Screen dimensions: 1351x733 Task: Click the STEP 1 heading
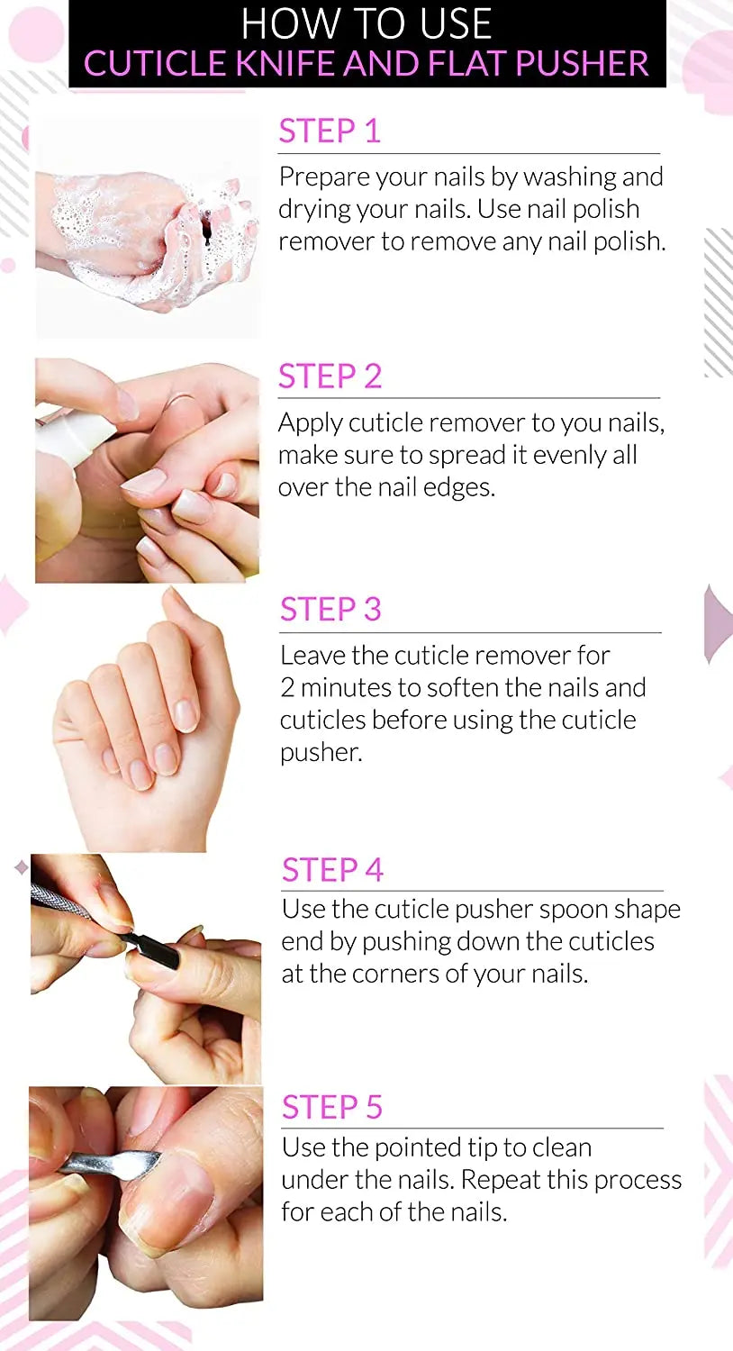click(x=330, y=131)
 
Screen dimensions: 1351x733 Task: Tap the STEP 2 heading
click(x=330, y=376)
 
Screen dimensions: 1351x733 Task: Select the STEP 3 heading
click(x=330, y=610)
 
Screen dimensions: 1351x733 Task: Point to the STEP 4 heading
click(x=332, y=870)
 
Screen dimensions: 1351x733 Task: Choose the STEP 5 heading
click(x=332, y=1107)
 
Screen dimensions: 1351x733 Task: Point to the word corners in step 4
click(x=391, y=975)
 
